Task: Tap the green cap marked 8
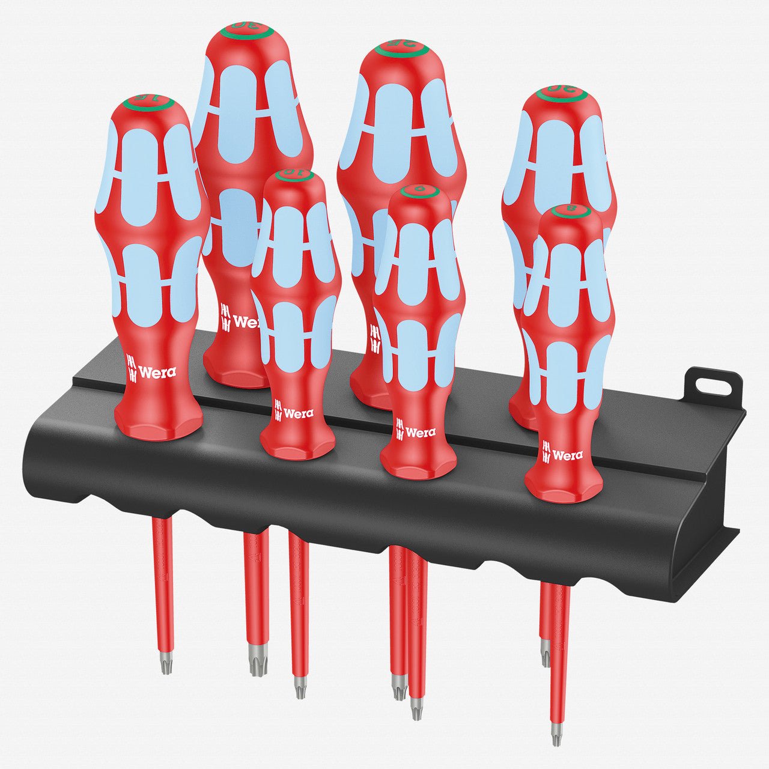click(x=570, y=211)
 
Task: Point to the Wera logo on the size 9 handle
click(x=415, y=431)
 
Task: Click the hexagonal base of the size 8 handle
click(x=564, y=487)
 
